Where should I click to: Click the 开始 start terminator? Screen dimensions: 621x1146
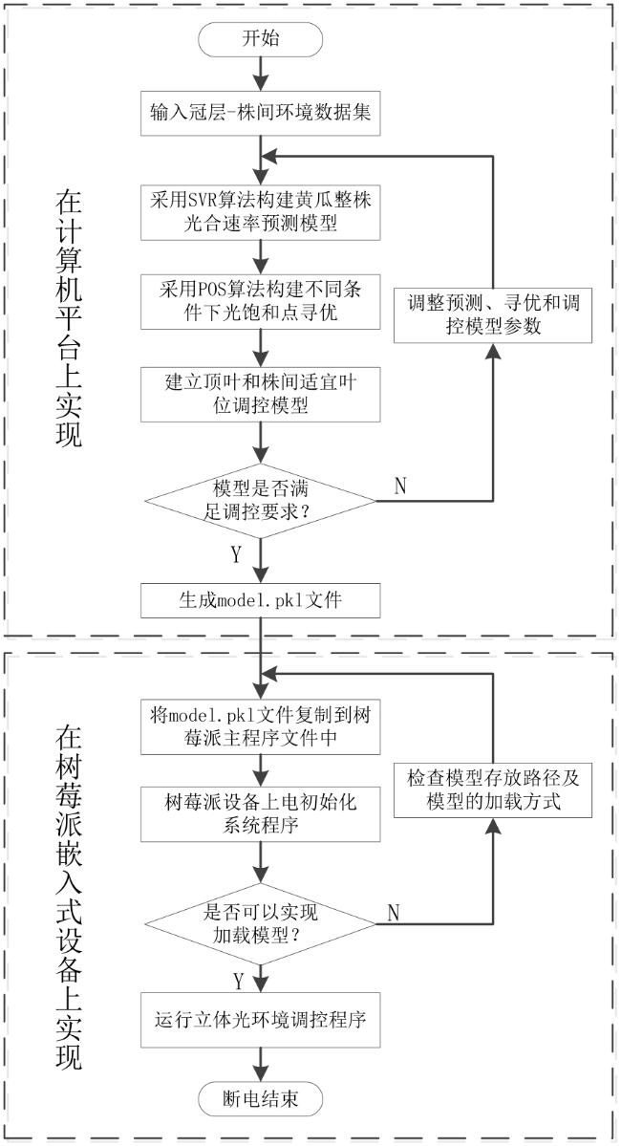[260, 39]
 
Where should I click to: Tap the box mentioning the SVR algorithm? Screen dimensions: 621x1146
[261, 212]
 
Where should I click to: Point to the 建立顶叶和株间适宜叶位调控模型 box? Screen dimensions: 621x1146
[261, 394]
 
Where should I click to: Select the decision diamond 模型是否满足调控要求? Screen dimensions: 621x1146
[261, 501]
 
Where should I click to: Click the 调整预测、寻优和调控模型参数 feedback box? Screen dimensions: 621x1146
[493, 314]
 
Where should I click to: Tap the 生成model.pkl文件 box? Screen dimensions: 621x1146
[261, 601]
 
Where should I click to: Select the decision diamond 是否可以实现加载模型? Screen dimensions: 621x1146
[261, 924]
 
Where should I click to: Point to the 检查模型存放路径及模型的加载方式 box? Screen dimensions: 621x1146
[493, 789]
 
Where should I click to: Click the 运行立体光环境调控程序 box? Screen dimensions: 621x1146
[261, 1020]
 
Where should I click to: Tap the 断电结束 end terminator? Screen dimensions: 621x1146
[260, 1098]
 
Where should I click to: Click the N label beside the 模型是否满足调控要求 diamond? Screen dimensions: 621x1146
[400, 487]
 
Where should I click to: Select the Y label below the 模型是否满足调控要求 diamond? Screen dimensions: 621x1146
[236, 555]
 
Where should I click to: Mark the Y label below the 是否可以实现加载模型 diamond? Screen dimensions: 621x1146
[238, 979]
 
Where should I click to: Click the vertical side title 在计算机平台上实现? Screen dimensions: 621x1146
[69, 319]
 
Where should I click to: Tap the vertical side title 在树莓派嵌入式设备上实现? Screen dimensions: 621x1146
[69, 899]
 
